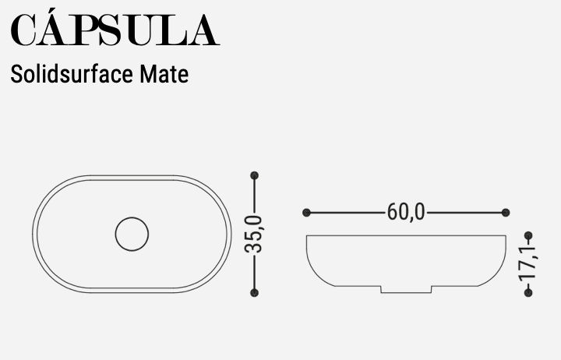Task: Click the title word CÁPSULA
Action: click(114, 30)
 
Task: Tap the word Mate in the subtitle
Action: click(164, 75)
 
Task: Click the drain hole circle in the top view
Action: click(132, 234)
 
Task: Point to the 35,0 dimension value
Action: click(255, 234)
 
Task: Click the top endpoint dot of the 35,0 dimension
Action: click(254, 176)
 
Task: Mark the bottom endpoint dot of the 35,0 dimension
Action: click(254, 292)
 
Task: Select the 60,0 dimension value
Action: click(406, 212)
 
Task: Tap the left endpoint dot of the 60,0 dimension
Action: click(306, 212)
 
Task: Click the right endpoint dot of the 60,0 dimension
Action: click(506, 212)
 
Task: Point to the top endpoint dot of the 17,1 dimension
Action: click(528, 235)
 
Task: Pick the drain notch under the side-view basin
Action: click(406, 290)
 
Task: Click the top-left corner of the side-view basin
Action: click(307, 235)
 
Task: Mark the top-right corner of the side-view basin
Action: click(505, 235)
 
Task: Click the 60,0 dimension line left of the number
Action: click(346, 212)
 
